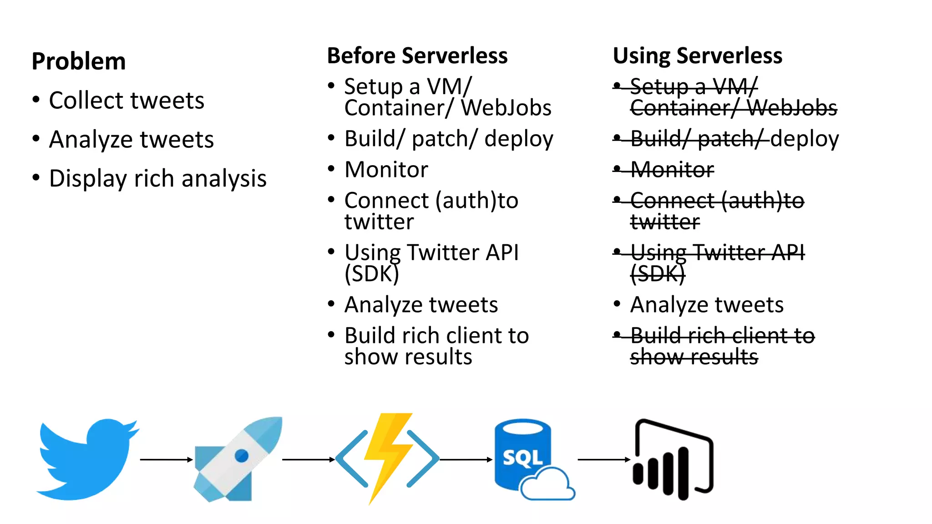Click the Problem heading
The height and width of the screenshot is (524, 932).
[79, 61]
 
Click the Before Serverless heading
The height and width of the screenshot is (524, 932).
[417, 56]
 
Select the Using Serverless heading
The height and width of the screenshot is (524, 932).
[697, 56]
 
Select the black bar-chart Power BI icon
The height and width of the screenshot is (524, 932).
[674, 459]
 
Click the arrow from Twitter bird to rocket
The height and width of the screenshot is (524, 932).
[166, 460]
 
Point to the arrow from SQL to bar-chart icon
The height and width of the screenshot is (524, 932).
[603, 460]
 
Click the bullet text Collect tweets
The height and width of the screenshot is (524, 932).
[127, 101]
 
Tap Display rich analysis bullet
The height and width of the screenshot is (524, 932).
[157, 179]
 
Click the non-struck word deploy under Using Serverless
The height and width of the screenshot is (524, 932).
[805, 139]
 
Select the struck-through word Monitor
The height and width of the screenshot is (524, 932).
[672, 170]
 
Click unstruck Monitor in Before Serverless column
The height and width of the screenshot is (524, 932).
[386, 170]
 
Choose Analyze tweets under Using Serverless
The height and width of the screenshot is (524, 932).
[706, 305]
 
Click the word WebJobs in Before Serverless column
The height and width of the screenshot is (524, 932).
[506, 108]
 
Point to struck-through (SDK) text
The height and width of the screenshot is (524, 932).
[657, 274]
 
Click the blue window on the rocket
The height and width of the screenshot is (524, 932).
[241, 455]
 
